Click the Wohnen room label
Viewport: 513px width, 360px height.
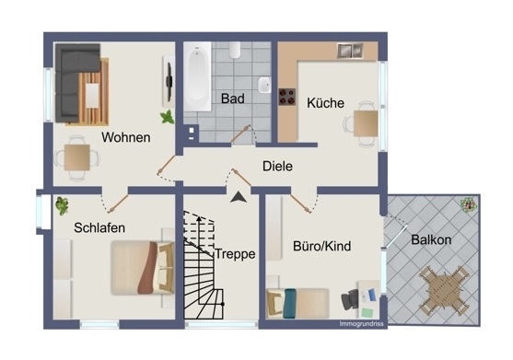click(126, 137)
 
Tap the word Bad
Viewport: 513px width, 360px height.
click(230, 98)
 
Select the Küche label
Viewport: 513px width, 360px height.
click(325, 103)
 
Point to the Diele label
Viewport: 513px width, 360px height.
click(277, 167)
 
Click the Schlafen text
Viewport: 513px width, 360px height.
click(100, 227)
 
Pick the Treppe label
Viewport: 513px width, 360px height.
click(235, 254)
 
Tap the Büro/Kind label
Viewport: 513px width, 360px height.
click(322, 247)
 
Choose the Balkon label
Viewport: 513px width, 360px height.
click(431, 239)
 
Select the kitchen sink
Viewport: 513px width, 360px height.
click(349, 51)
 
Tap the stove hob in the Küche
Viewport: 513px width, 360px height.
click(286, 94)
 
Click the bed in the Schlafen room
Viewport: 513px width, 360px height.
click(141, 267)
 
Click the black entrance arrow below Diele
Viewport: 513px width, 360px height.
click(239, 195)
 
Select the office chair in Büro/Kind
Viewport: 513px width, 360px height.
click(354, 299)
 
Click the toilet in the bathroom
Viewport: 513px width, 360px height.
click(235, 50)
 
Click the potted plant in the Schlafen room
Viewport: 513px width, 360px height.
click(63, 205)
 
